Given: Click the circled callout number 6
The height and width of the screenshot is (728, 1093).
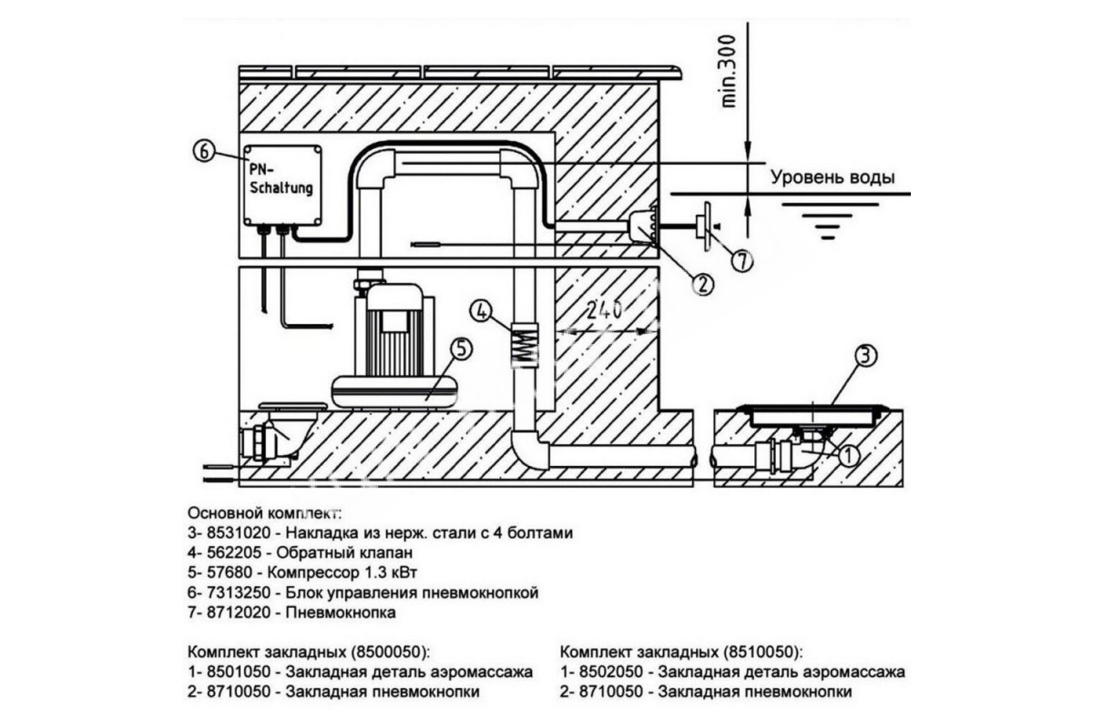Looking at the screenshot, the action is pyautogui.click(x=203, y=151).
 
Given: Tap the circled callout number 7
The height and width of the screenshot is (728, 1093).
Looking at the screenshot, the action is pyautogui.click(x=741, y=261).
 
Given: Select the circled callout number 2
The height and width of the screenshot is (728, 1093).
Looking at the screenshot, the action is pyautogui.click(x=702, y=284).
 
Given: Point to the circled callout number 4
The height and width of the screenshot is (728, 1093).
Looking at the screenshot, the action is pyautogui.click(x=481, y=311).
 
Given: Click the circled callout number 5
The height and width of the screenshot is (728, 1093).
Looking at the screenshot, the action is pyautogui.click(x=461, y=349).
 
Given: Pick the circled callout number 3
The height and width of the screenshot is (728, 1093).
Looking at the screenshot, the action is pyautogui.click(x=864, y=356).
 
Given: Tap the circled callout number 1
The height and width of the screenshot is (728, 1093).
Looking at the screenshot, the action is pyautogui.click(x=850, y=457).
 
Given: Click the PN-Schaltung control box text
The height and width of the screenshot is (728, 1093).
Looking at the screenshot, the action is pyautogui.click(x=281, y=179).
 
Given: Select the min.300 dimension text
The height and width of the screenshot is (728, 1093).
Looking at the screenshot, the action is pyautogui.click(x=728, y=71).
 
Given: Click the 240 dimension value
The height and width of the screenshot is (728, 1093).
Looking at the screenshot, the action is pyautogui.click(x=604, y=309).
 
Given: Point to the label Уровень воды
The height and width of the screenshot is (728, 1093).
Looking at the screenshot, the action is pyautogui.click(x=833, y=177).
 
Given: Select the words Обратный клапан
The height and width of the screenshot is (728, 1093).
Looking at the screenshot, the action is pyautogui.click(x=344, y=553).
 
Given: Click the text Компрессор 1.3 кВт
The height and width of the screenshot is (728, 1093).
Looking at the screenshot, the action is pyautogui.click(x=342, y=572).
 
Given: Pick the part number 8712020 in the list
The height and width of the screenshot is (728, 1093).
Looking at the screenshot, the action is pyautogui.click(x=239, y=612).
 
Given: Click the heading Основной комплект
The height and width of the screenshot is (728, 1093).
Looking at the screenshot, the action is pyautogui.click(x=265, y=513).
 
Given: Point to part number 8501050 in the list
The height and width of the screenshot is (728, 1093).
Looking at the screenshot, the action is pyautogui.click(x=239, y=672).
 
